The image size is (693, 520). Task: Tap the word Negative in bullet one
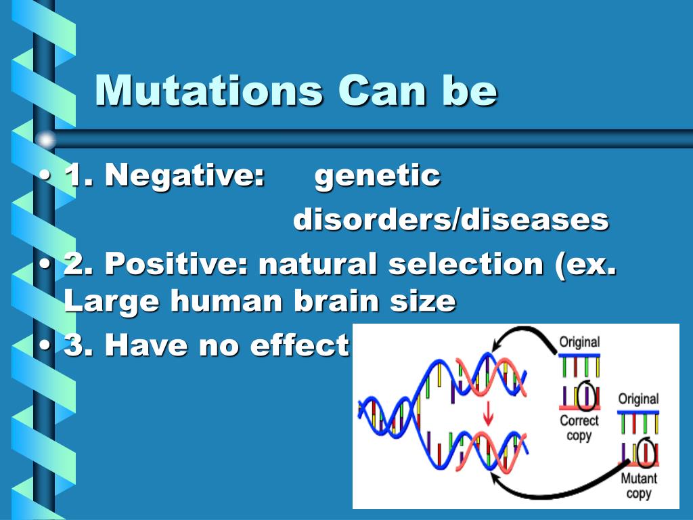coord(184,175)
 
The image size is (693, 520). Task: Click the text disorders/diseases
coord(451,219)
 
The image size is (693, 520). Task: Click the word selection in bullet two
coord(466,263)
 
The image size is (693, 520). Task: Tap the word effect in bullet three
coord(300,345)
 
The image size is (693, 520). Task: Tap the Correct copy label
coord(579,427)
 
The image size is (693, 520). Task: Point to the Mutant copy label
coord(639,485)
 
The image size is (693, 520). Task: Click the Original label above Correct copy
coord(579,342)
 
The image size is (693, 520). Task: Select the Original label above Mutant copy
coord(638,399)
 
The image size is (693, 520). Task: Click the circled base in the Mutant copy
coord(646,452)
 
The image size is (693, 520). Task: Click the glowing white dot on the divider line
coord(45,140)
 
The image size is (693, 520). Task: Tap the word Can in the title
coord(382,91)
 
